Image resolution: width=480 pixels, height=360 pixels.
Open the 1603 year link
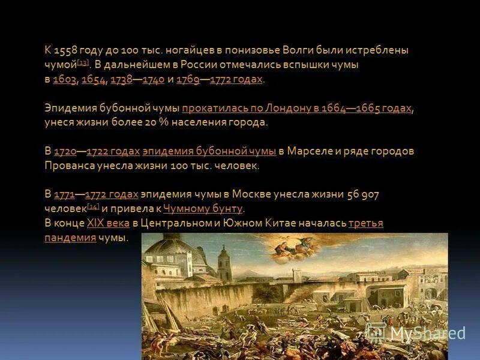pos(64,80)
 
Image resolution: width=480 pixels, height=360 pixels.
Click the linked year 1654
pos(93,80)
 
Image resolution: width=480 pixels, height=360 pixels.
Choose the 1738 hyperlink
pos(122,80)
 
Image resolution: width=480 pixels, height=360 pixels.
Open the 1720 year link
pos(65,151)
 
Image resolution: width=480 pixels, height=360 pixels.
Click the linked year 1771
pos(64,194)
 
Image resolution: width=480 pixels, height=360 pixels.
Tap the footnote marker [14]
pos(93,207)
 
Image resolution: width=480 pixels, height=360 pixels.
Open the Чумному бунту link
pos(203,209)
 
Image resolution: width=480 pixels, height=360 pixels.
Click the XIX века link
pos(109,223)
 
